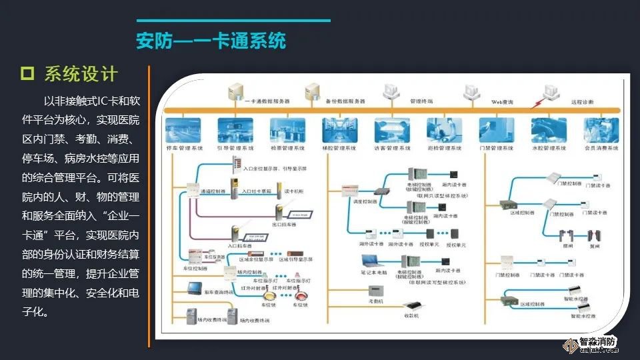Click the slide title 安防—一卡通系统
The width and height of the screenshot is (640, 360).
coord(211,41)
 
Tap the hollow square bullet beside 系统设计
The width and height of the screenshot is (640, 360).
coord(27,73)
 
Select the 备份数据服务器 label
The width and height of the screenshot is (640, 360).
coord(345,101)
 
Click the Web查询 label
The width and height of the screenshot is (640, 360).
coord(502,101)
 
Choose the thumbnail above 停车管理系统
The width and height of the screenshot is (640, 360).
coord(183,128)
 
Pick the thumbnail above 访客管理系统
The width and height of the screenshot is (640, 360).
coord(393,128)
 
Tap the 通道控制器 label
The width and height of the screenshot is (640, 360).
coord(212,190)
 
